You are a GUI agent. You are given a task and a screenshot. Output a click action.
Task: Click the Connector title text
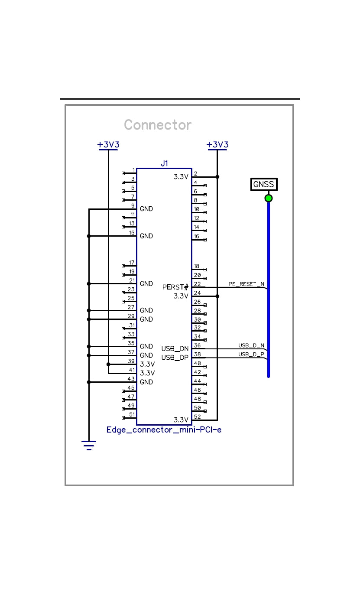click(x=157, y=125)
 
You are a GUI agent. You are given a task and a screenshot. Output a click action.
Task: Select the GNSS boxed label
click(x=264, y=184)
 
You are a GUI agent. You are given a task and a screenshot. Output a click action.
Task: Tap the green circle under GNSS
click(x=269, y=199)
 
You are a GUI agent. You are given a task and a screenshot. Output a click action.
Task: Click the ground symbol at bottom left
click(x=89, y=445)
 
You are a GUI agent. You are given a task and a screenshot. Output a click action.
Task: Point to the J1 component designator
click(x=164, y=163)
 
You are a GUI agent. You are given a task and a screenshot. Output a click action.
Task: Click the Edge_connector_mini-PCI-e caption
click(x=164, y=430)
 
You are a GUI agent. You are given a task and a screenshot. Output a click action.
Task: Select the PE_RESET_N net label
click(x=246, y=284)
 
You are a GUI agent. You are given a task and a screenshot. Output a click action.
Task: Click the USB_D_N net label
click(x=251, y=345)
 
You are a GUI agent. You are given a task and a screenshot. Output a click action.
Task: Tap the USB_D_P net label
click(x=251, y=355)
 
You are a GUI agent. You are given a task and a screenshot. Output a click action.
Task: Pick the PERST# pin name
click(x=175, y=287)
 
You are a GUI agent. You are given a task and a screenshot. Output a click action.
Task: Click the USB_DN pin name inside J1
click(x=175, y=348)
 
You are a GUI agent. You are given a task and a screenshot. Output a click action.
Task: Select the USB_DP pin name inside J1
click(x=175, y=358)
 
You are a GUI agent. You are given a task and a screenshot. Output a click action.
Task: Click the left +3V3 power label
click(x=108, y=144)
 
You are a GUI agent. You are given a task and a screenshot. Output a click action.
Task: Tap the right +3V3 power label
click(x=217, y=144)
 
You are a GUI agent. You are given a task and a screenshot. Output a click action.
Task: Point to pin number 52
click(x=197, y=417)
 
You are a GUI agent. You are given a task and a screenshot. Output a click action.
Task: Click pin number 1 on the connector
click(x=133, y=170)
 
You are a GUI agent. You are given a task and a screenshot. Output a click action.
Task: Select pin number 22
click(x=197, y=284)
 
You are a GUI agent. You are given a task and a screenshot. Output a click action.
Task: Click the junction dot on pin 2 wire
click(x=217, y=177)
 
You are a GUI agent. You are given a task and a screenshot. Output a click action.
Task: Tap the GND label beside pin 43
click(x=146, y=382)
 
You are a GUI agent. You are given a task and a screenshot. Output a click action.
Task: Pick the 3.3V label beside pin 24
click(x=181, y=296)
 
